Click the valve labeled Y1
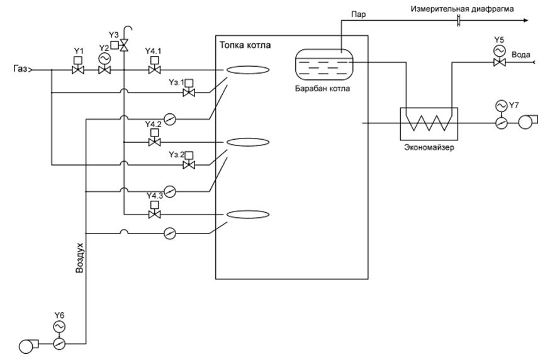pyautogui.click(x=79, y=70)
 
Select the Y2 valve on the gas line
pyautogui.click(x=104, y=70)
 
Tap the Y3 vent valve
pyautogui.click(x=125, y=45)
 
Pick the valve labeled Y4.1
pyautogui.click(x=153, y=70)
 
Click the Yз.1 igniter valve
pyautogui.click(x=188, y=93)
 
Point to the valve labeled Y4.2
pyautogui.click(x=153, y=143)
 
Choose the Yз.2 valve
pyautogui.click(x=188, y=166)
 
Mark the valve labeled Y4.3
pyautogui.click(x=153, y=215)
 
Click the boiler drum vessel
pyautogui.click(x=325, y=62)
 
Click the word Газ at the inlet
pyautogui.click(x=19, y=70)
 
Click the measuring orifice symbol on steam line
pyautogui.click(x=458, y=21)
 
